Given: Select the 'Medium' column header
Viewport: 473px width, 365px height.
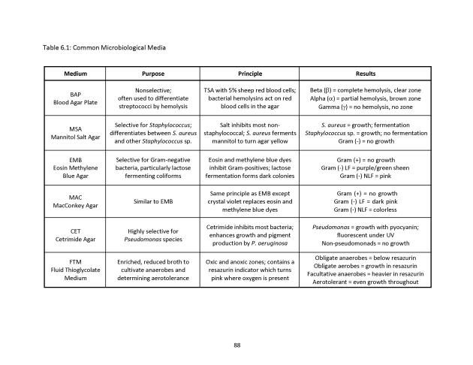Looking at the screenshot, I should click(x=75, y=74).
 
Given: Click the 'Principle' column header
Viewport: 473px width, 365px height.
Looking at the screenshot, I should click(x=250, y=74).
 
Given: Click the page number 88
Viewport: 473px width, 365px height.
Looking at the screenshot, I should click(x=236, y=345).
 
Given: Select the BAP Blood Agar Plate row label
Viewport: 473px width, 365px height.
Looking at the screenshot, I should click(x=75, y=99).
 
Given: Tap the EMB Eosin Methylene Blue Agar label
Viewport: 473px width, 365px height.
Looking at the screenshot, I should click(x=75, y=169).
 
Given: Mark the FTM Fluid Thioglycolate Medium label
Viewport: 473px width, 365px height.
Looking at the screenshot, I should click(x=75, y=271).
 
